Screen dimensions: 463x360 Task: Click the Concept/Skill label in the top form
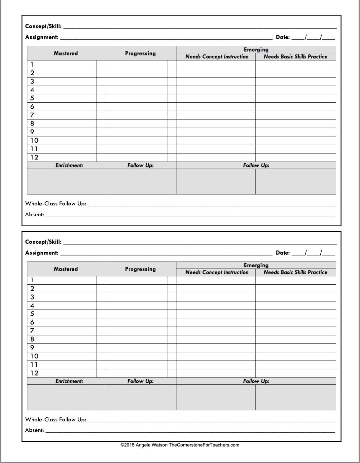(43, 26)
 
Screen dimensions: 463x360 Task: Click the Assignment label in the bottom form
(42, 253)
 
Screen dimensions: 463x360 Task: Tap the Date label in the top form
(283, 37)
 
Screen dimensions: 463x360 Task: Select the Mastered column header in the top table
(66, 53)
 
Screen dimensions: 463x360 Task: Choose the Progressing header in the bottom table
(140, 269)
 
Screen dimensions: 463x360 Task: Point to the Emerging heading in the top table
(256, 50)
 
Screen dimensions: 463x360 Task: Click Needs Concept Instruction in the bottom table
(217, 272)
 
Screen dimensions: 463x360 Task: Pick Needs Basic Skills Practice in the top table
(296, 57)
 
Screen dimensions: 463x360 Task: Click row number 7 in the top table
(32, 115)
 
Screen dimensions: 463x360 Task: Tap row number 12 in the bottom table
(34, 373)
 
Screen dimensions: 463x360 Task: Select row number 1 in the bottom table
(32, 280)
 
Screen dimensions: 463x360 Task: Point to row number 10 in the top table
(34, 140)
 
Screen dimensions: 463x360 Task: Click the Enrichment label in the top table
(69, 165)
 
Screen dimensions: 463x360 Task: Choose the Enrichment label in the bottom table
(69, 381)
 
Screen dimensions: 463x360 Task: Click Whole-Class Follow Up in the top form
(56, 204)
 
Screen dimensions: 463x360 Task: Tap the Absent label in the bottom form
(34, 430)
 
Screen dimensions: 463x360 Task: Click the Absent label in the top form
(34, 215)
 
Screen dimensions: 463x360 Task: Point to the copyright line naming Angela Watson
(180, 445)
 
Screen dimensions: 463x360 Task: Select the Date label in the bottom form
(283, 253)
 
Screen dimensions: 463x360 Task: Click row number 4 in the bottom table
(32, 306)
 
